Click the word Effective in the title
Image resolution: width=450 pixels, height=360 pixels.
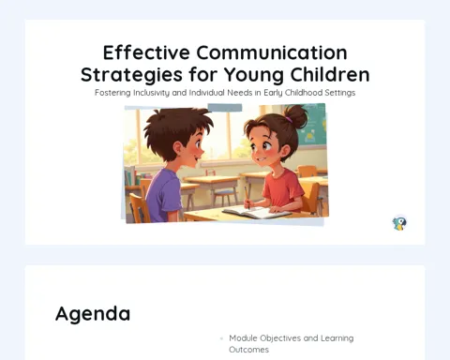146,52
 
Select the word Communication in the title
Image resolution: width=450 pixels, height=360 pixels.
272,52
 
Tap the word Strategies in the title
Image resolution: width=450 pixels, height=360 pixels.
131,75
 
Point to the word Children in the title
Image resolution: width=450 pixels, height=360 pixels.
330,74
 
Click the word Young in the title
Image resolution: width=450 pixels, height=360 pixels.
254,75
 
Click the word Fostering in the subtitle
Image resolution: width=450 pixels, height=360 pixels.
112,93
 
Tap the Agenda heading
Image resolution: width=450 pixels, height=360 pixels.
93,314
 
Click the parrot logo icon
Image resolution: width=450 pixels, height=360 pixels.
399,223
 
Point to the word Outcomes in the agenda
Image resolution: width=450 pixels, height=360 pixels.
248,350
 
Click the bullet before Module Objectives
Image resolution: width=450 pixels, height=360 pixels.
221,338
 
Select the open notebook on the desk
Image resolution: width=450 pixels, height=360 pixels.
256,213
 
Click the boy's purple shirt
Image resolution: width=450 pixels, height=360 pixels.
163,195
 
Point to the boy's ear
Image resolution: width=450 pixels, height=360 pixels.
178,147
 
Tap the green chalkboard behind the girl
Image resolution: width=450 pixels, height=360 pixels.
311,125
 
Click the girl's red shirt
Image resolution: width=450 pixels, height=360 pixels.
281,187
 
